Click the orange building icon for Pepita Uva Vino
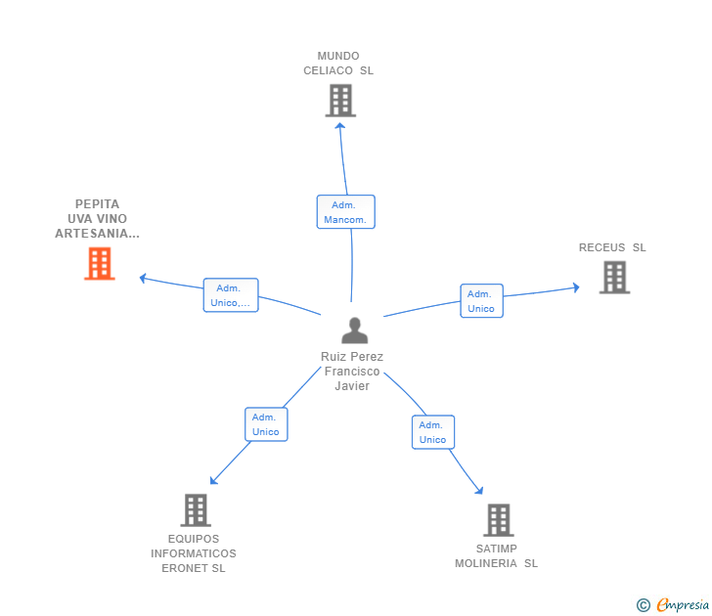[99, 264]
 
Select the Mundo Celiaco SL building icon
[339, 101]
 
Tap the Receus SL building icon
[614, 278]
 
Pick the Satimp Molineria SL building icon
[499, 520]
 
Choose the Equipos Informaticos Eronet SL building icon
[196, 510]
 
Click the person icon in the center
[354, 330]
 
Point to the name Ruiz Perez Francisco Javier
[352, 371]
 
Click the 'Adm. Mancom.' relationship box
[345, 212]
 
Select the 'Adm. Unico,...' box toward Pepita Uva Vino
[230, 295]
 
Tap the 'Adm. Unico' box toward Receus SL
[481, 301]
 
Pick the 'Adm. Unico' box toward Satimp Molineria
[432, 432]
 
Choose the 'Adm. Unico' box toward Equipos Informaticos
[266, 424]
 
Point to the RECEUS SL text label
[612, 247]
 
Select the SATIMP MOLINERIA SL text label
[496, 555]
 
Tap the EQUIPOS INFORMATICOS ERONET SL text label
[194, 553]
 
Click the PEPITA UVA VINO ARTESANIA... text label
[97, 219]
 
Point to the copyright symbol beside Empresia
[643, 605]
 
